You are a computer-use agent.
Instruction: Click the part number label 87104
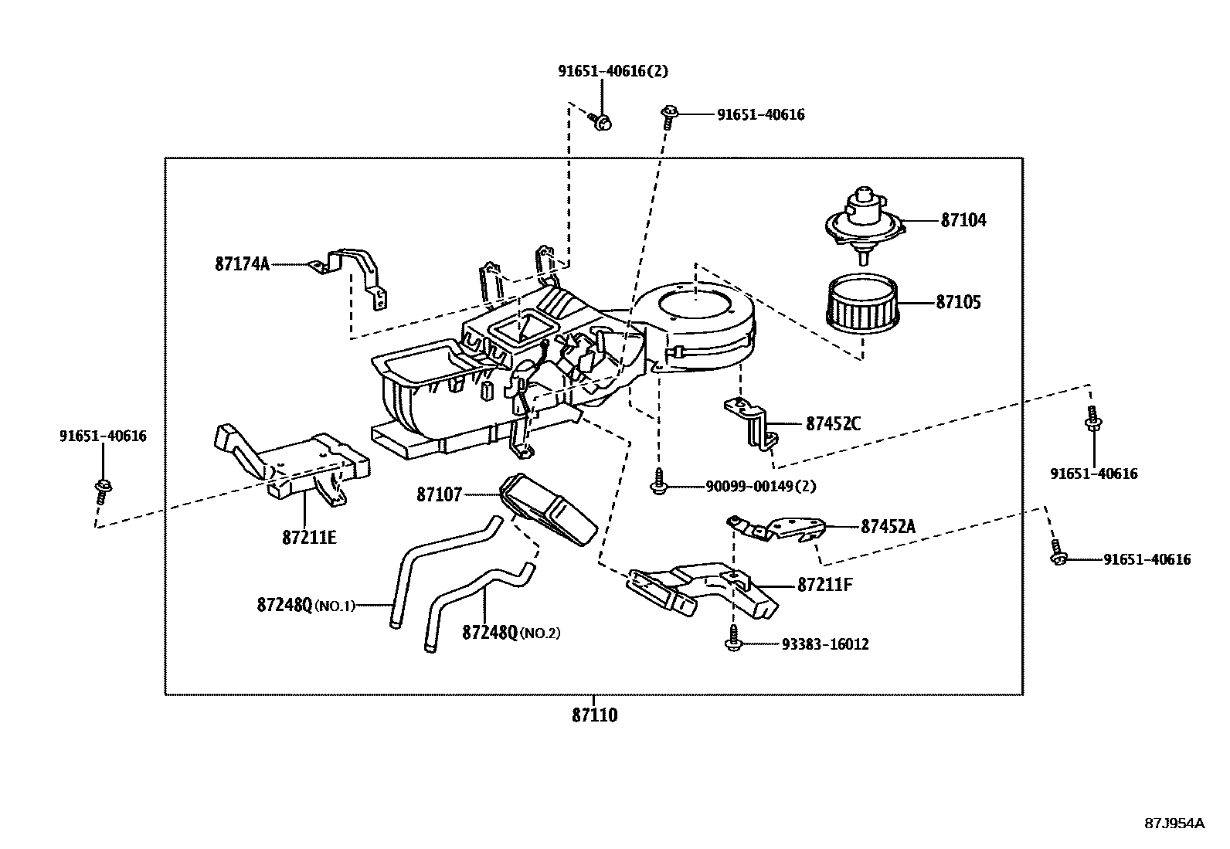pyautogui.click(x=963, y=220)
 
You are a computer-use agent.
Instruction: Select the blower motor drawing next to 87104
pyautogui.click(x=864, y=220)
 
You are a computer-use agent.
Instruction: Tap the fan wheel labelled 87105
pyautogui.click(x=863, y=302)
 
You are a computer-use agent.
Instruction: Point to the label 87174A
pyautogui.click(x=242, y=264)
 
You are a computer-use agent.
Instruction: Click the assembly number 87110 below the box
pyautogui.click(x=594, y=715)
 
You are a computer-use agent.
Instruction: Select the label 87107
pyautogui.click(x=438, y=494)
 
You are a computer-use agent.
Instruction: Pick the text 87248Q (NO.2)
pyautogui.click(x=511, y=633)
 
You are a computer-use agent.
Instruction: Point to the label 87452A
pyautogui.click(x=888, y=526)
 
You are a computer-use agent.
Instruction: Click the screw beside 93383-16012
pyautogui.click(x=732, y=643)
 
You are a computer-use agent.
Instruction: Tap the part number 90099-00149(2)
pyautogui.click(x=760, y=487)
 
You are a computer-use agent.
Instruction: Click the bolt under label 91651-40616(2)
pyautogui.click(x=602, y=121)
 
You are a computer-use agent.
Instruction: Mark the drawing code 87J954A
pyautogui.click(x=1174, y=823)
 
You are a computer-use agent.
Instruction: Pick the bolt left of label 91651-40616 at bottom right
pyautogui.click(x=1058, y=558)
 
